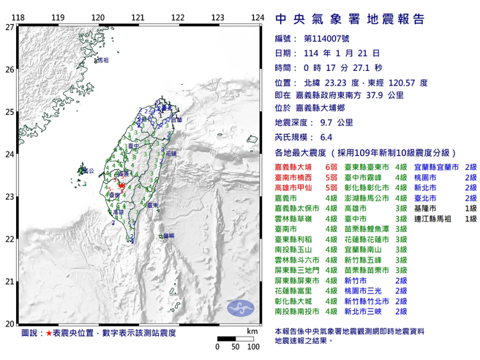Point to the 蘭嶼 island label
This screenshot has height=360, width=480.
point(166,236)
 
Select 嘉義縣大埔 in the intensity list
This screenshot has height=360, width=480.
point(296,168)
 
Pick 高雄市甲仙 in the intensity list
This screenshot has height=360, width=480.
point(296,188)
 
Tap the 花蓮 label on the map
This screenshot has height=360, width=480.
point(170,155)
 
